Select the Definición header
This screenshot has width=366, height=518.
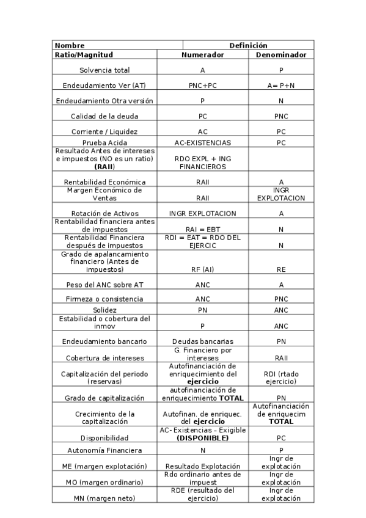(x=248, y=45)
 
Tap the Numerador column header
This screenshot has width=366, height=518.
(x=202, y=54)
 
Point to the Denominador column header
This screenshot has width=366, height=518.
(x=281, y=54)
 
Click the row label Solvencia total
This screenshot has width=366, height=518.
(x=104, y=70)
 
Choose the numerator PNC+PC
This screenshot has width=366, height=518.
(x=202, y=86)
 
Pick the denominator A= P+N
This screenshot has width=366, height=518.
(x=281, y=86)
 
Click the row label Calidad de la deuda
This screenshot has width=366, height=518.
(x=104, y=116)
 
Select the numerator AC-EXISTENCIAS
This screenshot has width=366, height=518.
(x=202, y=143)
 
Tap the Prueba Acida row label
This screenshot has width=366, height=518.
(x=104, y=143)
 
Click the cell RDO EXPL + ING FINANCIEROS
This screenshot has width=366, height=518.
(x=202, y=162)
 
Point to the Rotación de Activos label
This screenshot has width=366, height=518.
(x=104, y=213)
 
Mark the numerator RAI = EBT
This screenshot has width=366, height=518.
(x=202, y=229)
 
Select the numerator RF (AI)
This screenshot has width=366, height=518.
(x=202, y=268)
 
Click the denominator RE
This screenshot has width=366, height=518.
(x=281, y=268)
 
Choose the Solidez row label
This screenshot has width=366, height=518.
(x=104, y=310)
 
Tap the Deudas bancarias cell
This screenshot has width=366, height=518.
(x=202, y=341)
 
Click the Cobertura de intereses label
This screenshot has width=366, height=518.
(x=104, y=357)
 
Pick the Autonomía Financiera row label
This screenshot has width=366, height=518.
(x=104, y=450)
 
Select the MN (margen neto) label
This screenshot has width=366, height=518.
(x=104, y=498)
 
